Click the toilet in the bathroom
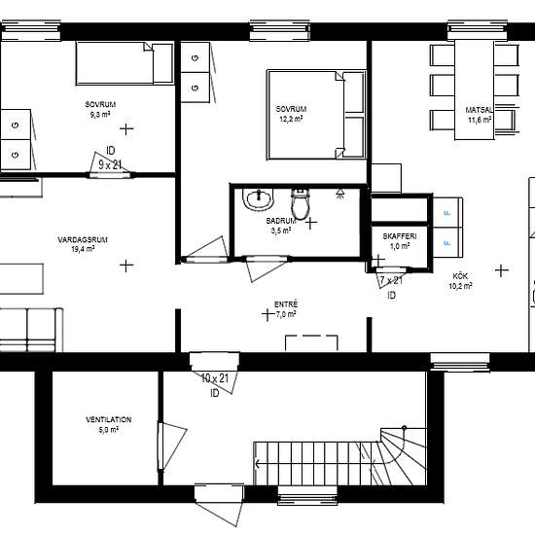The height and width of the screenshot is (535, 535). coord(301,204)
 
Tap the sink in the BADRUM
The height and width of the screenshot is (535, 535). coord(259,198)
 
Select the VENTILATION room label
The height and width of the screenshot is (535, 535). coord(109,419)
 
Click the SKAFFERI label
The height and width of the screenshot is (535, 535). coord(400,236)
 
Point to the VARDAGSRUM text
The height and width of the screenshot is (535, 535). coord(83,240)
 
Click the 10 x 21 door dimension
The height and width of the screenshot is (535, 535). coord(215,378)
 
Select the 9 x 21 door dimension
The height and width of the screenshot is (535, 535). coord(110,165)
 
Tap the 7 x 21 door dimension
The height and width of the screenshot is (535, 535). coord(391,280)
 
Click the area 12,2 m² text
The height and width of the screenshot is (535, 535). coord(291,119)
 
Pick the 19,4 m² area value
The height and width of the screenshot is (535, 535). coord(83,249)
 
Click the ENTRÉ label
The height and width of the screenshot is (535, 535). coord(286,304)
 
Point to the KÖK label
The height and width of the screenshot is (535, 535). coord(460,275)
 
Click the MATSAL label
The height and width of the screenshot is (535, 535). coord(480,110)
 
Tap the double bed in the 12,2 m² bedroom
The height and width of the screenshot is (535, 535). coord(317,115)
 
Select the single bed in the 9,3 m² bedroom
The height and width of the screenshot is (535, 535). coord(125,63)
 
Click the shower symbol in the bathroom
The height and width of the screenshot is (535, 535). coord(339,193)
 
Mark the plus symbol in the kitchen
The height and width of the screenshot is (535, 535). coord(502,270)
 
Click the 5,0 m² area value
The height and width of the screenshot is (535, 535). coord(109,430)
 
